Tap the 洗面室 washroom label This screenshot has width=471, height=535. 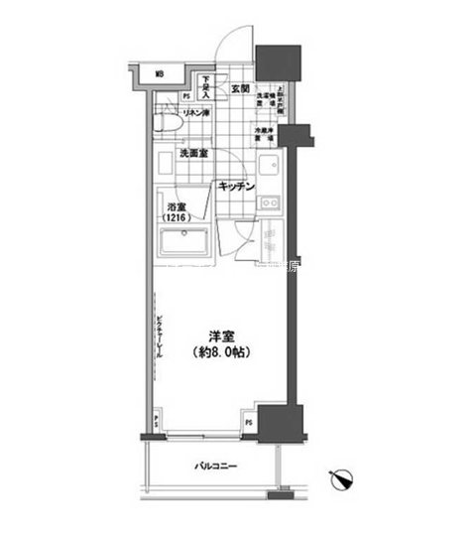(x=191, y=154)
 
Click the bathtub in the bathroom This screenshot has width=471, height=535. (x=182, y=242)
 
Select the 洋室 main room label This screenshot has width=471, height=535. (x=218, y=335)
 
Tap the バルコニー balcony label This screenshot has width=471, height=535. (x=214, y=467)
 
